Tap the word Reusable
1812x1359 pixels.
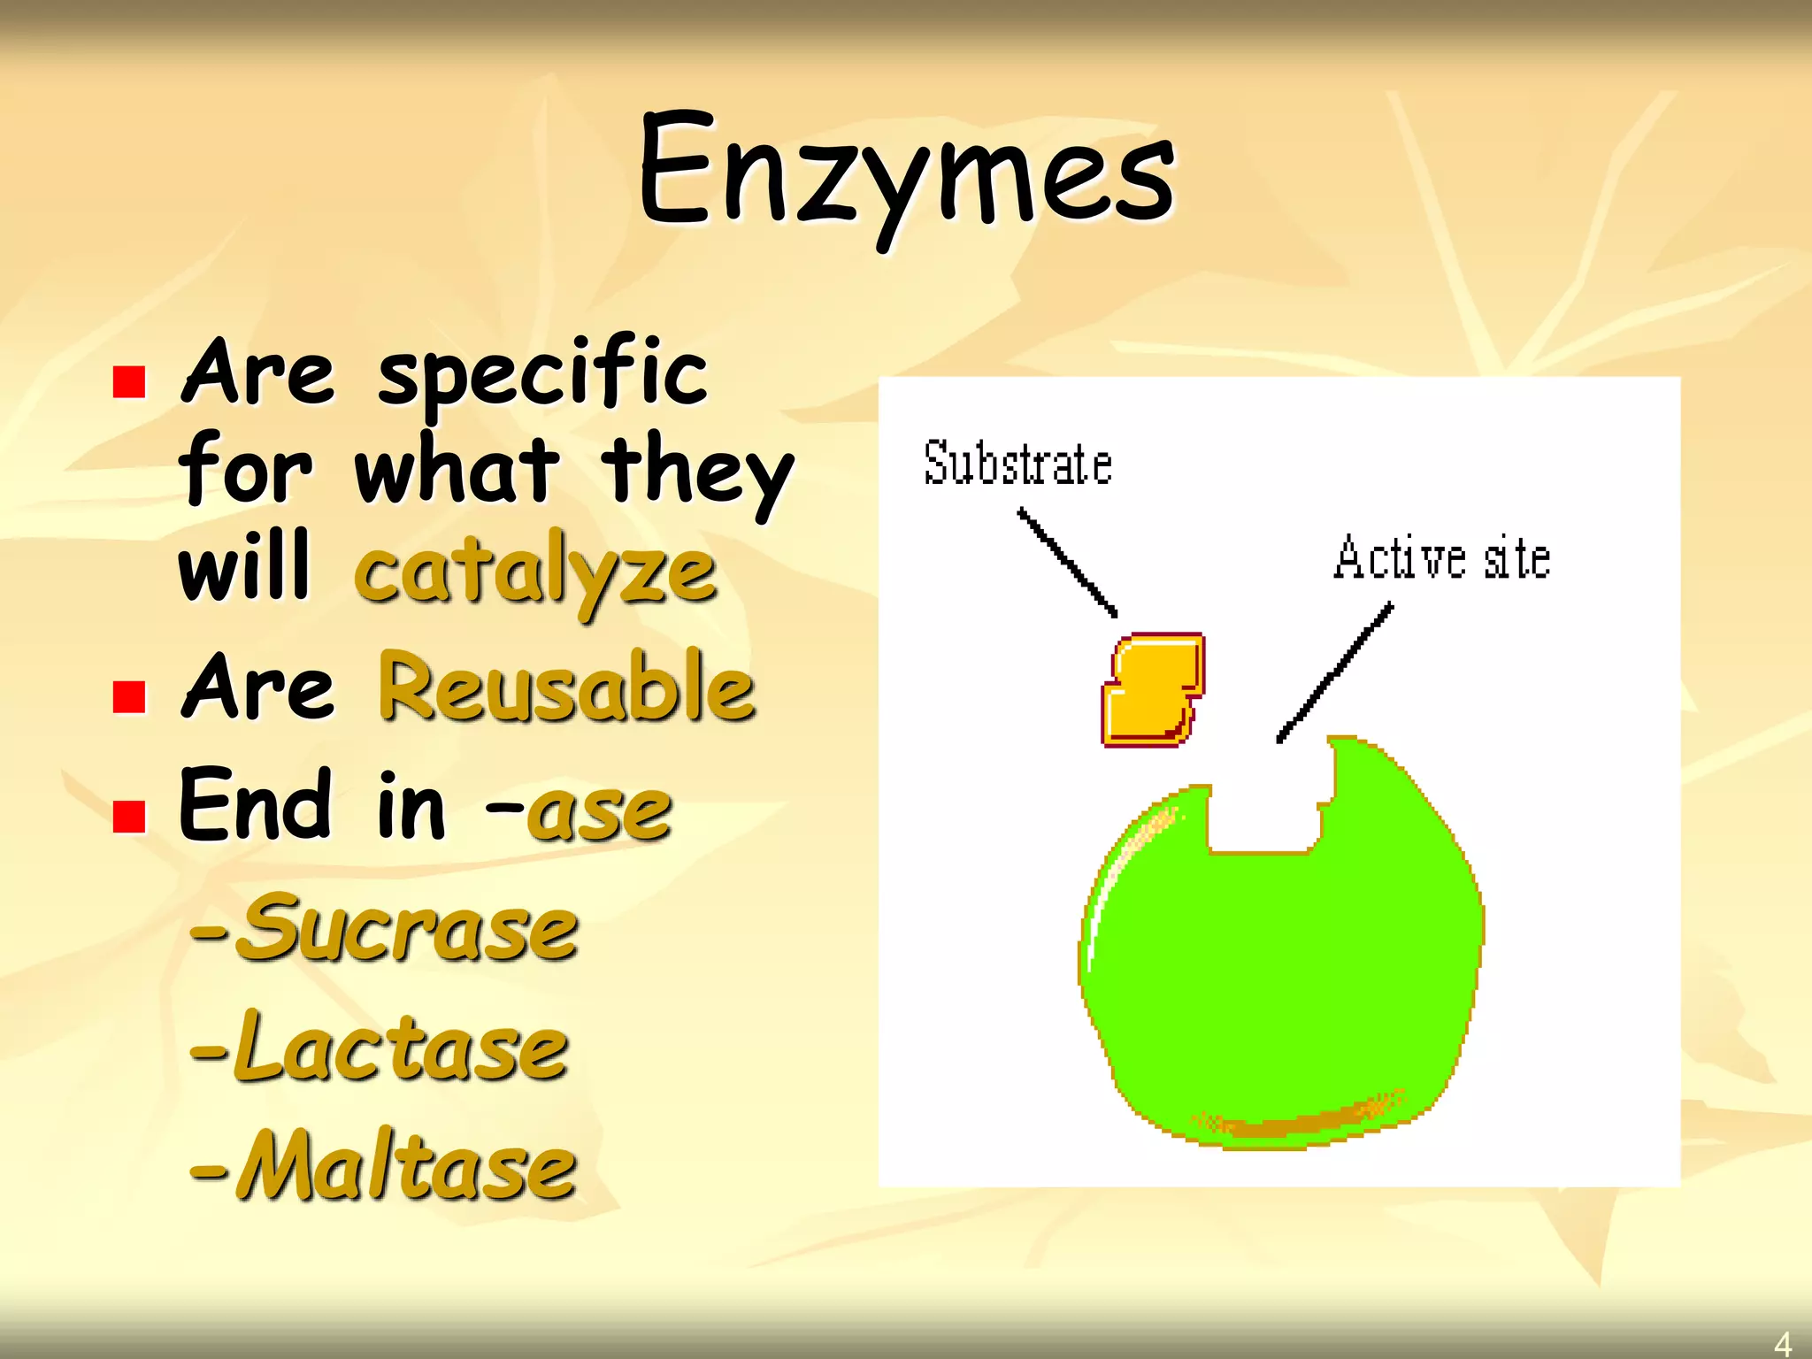[x=566, y=688]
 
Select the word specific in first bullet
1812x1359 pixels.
[x=542, y=373]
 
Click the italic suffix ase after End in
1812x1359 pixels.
[x=600, y=810]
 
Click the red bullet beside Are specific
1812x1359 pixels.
[x=129, y=382]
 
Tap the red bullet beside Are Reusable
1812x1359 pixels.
[x=129, y=696]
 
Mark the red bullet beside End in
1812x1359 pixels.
[x=129, y=817]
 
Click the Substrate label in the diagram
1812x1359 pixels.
[x=1017, y=464]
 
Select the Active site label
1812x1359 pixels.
[x=1442, y=558]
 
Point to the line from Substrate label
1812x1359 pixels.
[x=1067, y=562]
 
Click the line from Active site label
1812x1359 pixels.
[x=1335, y=672]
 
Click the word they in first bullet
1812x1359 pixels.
[x=697, y=472]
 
